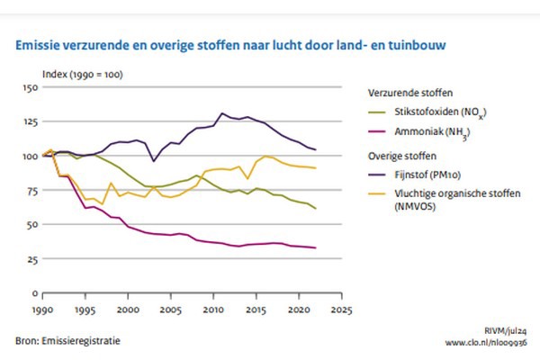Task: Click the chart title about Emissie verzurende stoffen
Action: (x=230, y=41)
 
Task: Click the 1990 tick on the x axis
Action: (x=43, y=308)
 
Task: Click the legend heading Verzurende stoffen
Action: (x=409, y=93)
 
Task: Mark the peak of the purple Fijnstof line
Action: (x=222, y=113)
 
